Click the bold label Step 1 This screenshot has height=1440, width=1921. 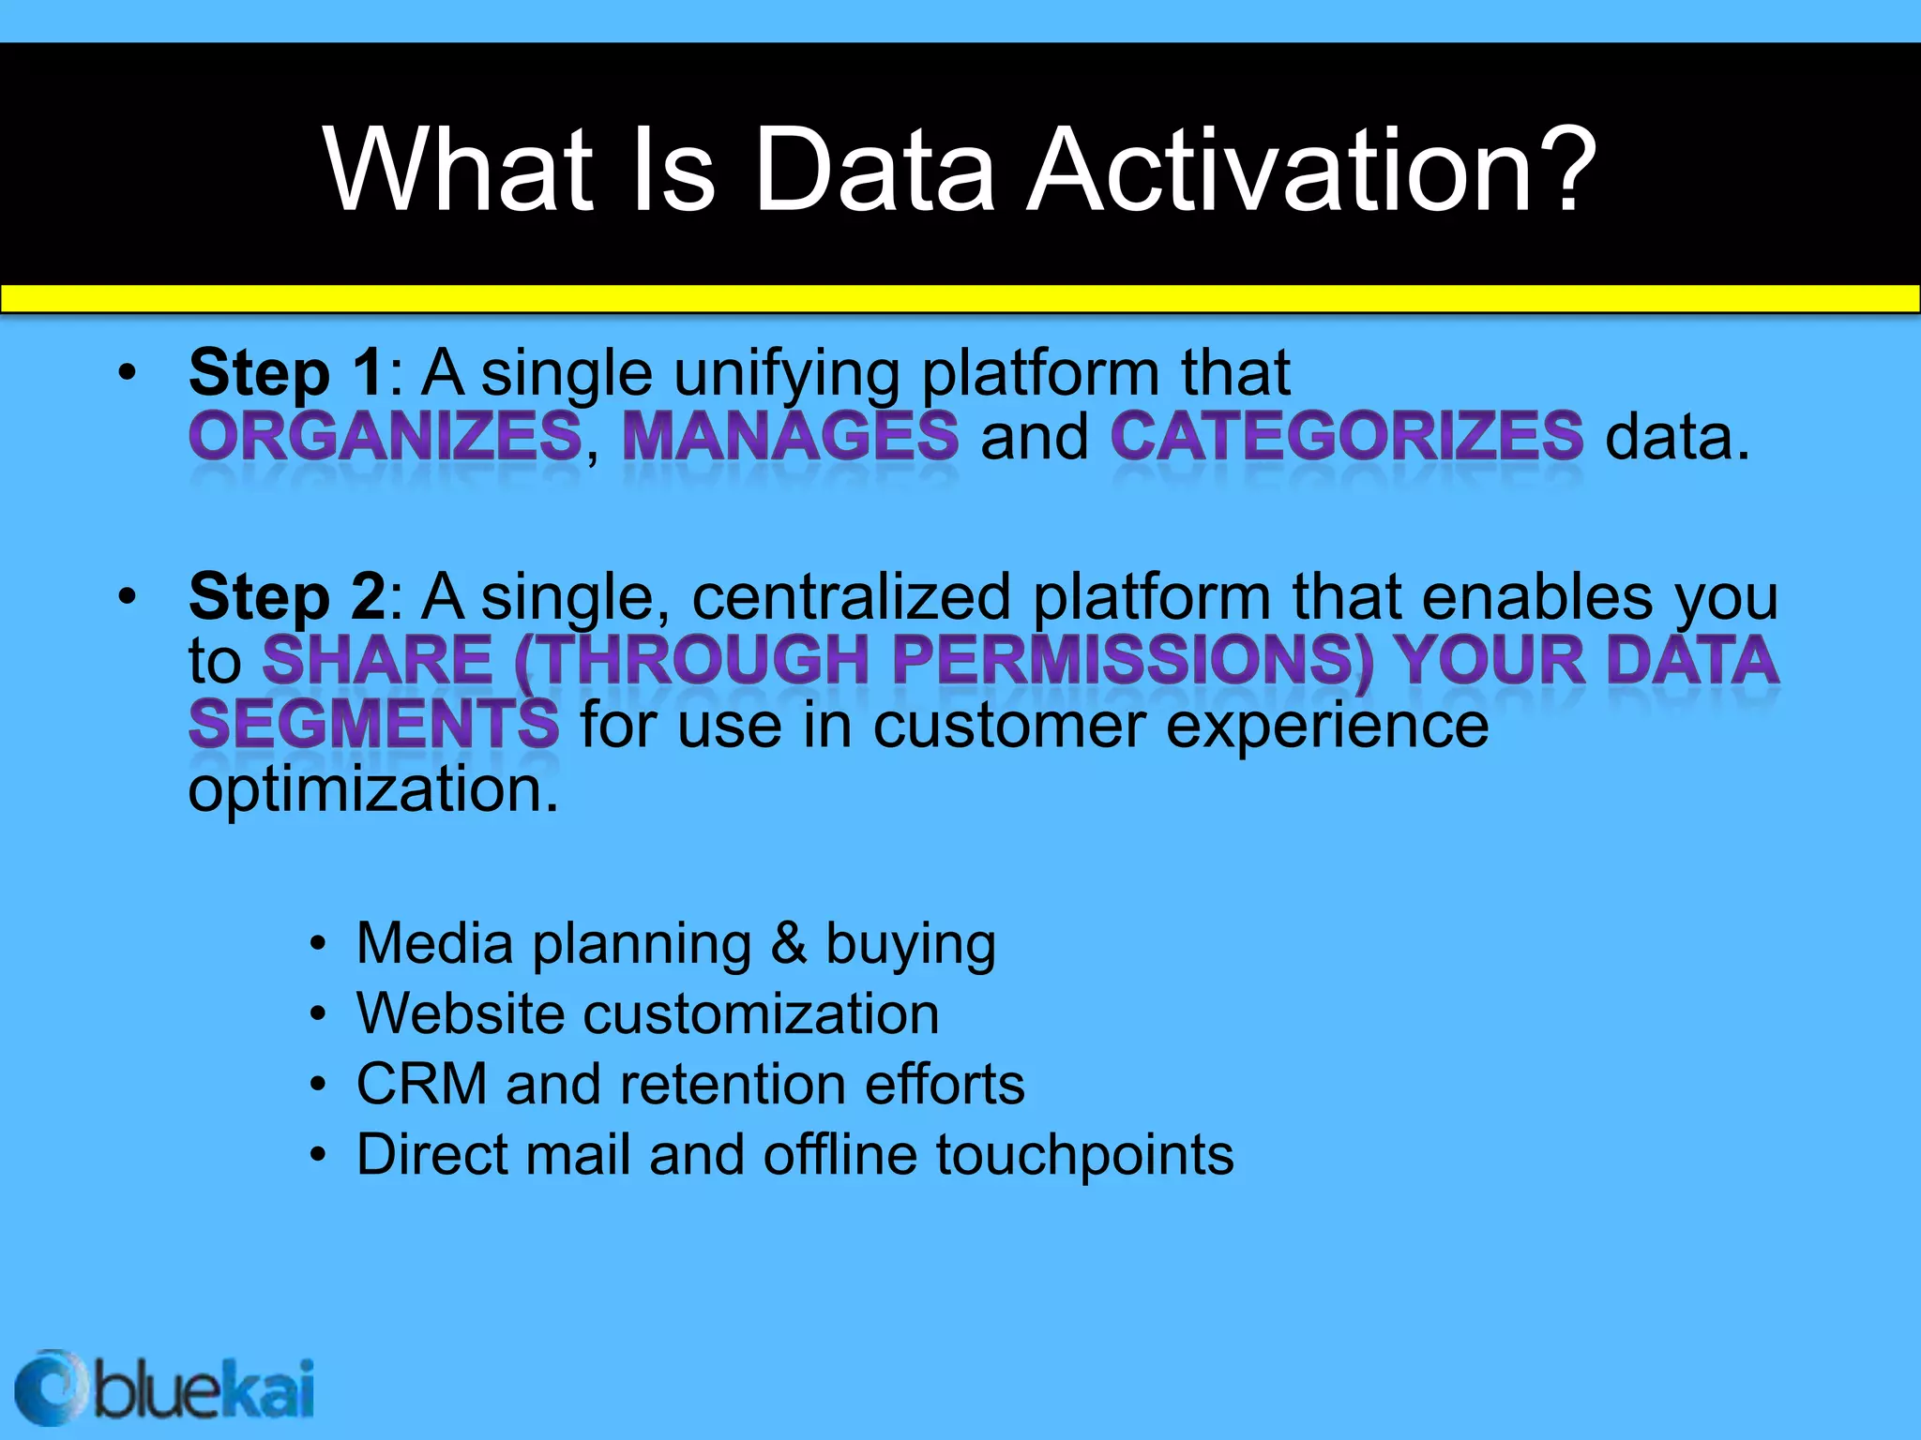tap(286, 373)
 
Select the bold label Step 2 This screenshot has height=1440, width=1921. tap(286, 597)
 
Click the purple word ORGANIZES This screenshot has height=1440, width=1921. tap(386, 437)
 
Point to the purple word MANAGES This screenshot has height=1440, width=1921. tap(790, 437)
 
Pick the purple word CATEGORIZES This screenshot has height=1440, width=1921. tap(1347, 437)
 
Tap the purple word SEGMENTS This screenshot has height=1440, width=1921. tap(373, 725)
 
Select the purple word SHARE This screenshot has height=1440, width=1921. tap(377, 660)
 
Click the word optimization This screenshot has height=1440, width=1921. tap(373, 789)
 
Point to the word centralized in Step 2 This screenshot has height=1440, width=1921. tap(852, 597)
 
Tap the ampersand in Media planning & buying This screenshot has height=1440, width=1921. tap(788, 943)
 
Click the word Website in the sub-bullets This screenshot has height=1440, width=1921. tap(460, 1013)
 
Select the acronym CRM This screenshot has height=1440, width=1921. tap(421, 1084)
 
